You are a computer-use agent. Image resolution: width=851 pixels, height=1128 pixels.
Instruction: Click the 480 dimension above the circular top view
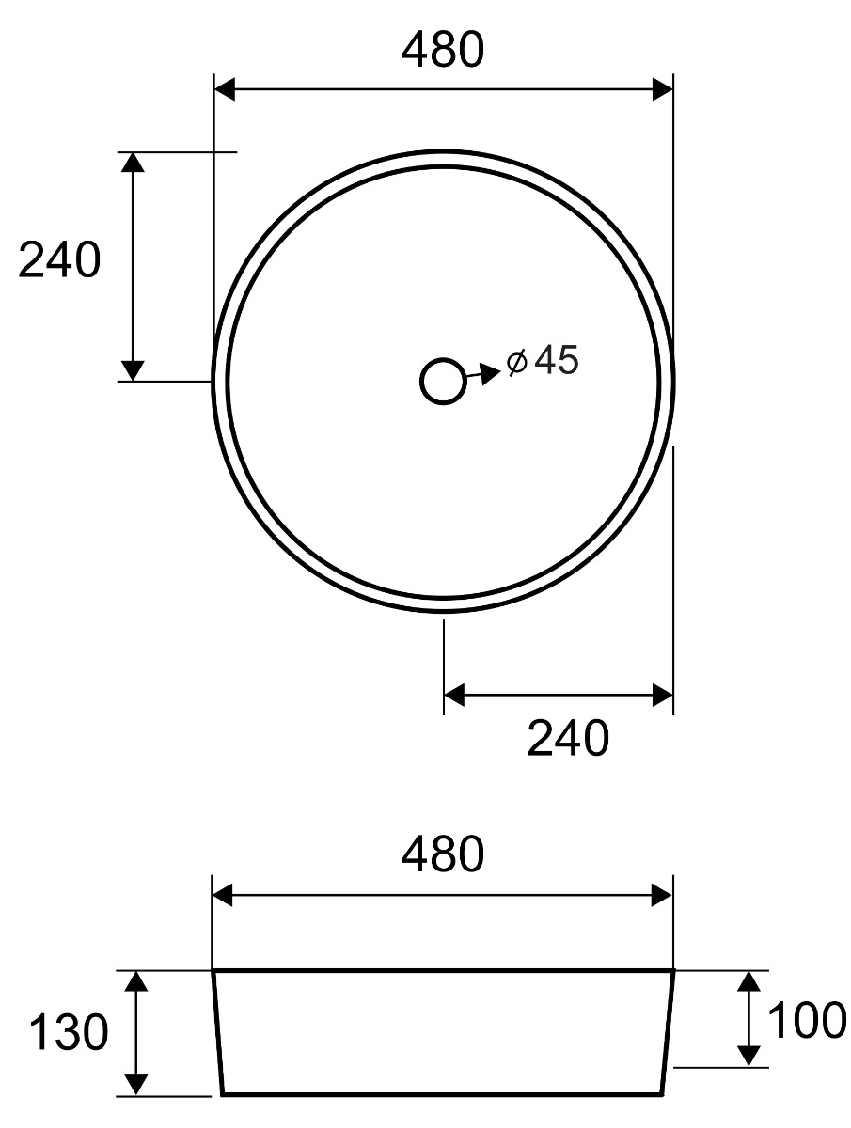(x=443, y=50)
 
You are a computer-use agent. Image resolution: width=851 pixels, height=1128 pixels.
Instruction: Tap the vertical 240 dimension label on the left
(x=59, y=260)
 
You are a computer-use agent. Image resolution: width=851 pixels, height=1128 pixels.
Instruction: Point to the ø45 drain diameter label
(x=543, y=360)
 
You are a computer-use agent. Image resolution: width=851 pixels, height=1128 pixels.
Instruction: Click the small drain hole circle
(x=443, y=382)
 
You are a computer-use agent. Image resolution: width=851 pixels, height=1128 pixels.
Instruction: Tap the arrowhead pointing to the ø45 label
(x=490, y=373)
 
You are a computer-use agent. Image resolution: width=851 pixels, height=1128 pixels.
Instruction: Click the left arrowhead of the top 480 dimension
(x=225, y=89)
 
